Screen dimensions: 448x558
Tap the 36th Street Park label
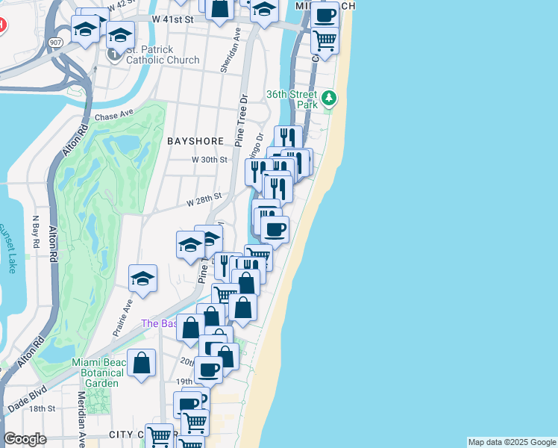tap(292, 99)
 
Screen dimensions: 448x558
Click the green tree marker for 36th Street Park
tap(328, 98)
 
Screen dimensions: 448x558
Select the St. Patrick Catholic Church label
tap(162, 55)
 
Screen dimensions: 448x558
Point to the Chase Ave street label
tap(113, 116)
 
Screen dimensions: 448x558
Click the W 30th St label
tap(209, 160)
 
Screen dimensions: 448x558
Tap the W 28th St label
tap(204, 200)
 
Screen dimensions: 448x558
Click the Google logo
tap(25, 439)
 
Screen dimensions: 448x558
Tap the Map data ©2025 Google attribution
tap(512, 442)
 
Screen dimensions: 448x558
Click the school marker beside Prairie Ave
tap(142, 279)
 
